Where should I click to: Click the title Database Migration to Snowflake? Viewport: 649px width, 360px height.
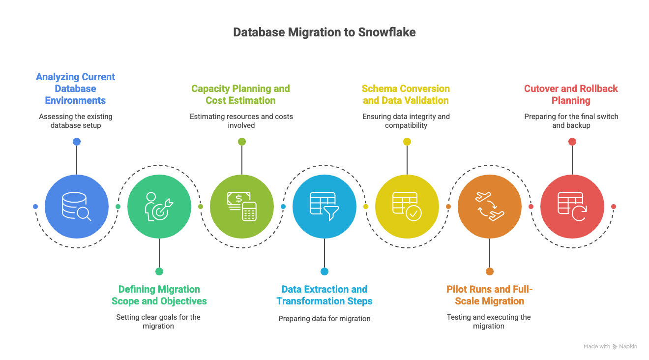pyautogui.click(x=324, y=32)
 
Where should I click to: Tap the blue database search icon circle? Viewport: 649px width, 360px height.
pyautogui.click(x=77, y=207)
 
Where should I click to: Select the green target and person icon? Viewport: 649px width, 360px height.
pyautogui.click(x=159, y=207)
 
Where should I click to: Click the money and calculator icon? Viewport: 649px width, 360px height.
pyautogui.click(x=242, y=207)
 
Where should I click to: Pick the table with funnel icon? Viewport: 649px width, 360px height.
pyautogui.click(x=324, y=207)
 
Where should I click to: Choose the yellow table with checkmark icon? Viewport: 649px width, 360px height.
pyautogui.click(x=407, y=207)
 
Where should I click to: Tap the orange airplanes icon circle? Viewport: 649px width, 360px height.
pyautogui.click(x=490, y=207)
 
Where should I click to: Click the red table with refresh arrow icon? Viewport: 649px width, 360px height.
pyautogui.click(x=572, y=207)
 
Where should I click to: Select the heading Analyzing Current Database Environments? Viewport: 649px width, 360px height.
pyautogui.click(x=75, y=89)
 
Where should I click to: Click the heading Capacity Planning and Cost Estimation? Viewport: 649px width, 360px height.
pyautogui.click(x=240, y=94)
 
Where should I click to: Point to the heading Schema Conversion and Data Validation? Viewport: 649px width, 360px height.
pyautogui.click(x=406, y=94)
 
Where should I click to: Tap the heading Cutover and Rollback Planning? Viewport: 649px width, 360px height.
pyautogui.click(x=571, y=94)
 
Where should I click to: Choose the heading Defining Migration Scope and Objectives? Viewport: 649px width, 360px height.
pyautogui.click(x=159, y=295)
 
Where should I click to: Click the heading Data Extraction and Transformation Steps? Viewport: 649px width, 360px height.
pyautogui.click(x=324, y=295)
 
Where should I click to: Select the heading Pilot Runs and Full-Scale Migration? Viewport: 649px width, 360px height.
pyautogui.click(x=489, y=295)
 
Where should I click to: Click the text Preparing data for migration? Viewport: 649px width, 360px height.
pyautogui.click(x=324, y=319)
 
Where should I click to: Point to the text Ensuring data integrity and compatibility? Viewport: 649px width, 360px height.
pyautogui.click(x=406, y=121)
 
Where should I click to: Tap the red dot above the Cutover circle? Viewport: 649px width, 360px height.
pyautogui.click(x=572, y=142)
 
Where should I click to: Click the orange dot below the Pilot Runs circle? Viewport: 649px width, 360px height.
pyautogui.click(x=490, y=271)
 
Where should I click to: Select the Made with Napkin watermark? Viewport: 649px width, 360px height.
pyautogui.click(x=610, y=347)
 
